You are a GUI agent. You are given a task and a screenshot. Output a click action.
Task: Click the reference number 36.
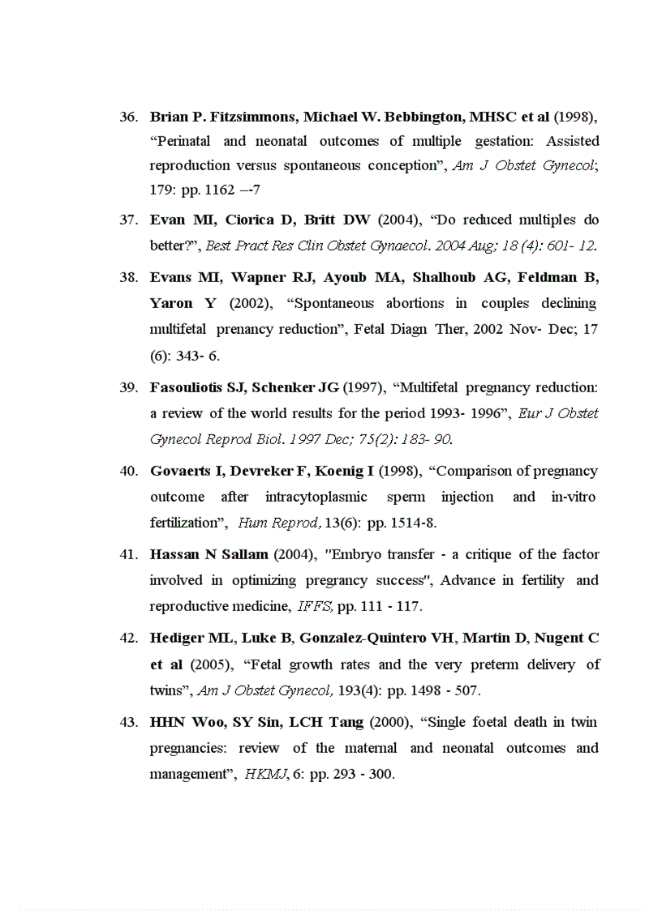click(x=127, y=117)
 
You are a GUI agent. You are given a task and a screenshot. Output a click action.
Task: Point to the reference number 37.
click(x=127, y=220)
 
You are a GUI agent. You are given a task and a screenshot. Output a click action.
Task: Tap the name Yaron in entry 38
click(x=171, y=304)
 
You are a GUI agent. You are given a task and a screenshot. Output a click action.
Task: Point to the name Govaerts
click(x=183, y=472)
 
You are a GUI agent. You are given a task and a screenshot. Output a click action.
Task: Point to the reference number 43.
click(x=127, y=722)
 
